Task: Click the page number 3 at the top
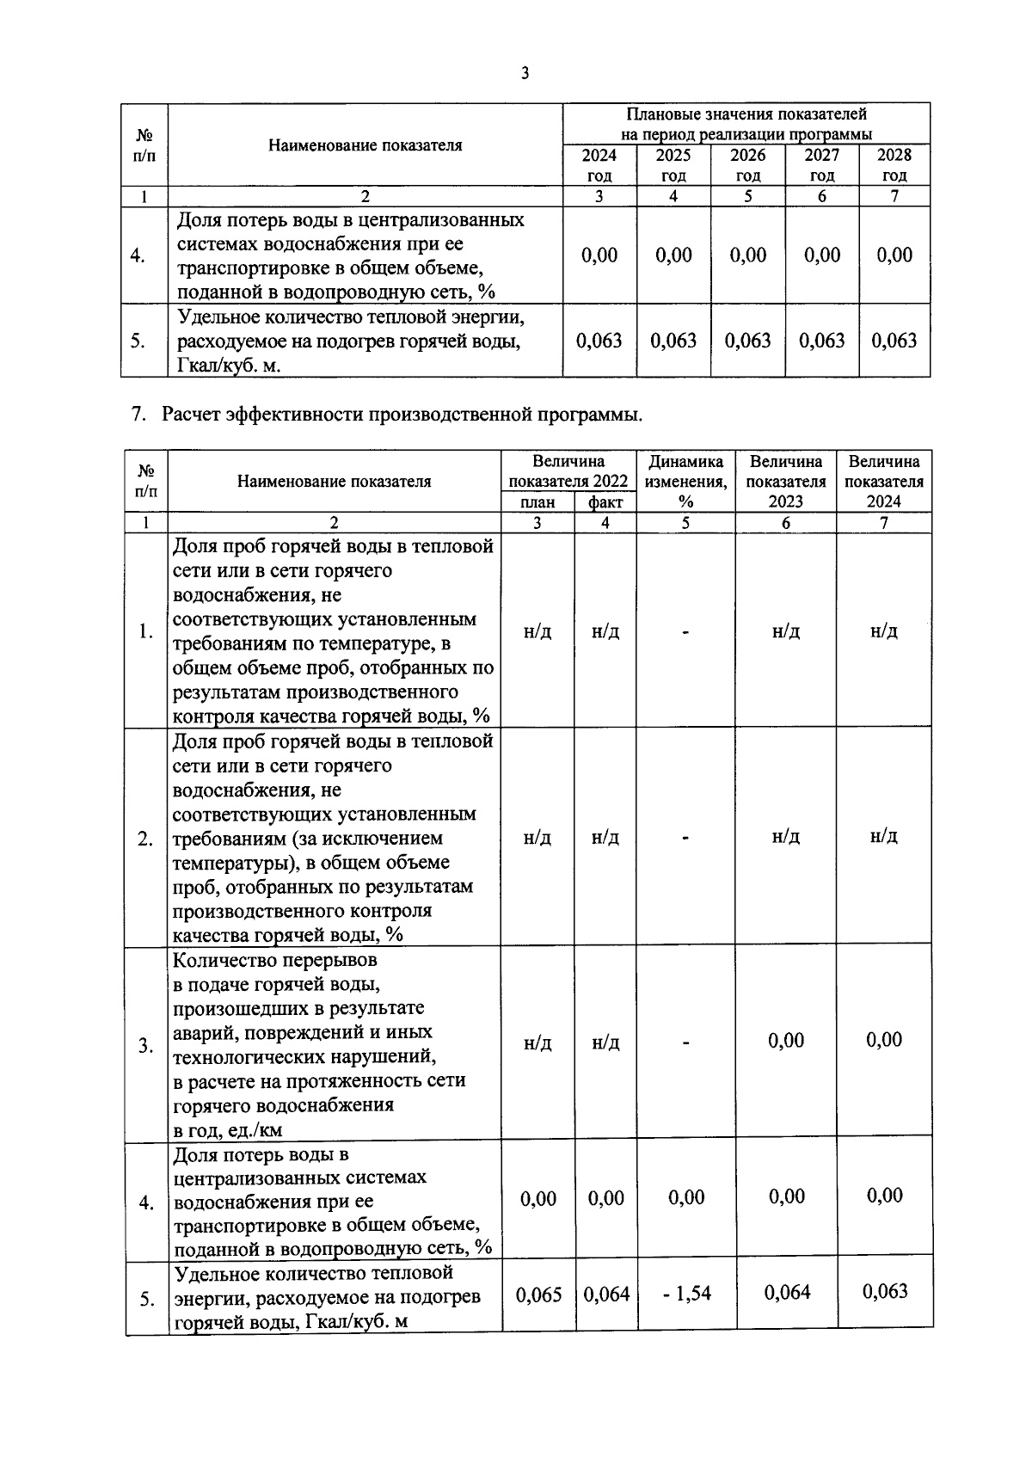[525, 74]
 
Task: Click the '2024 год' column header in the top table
[599, 164]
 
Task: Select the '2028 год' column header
[894, 164]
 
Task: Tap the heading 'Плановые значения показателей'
[746, 114]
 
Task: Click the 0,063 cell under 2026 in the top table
[747, 341]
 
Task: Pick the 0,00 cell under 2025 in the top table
[673, 255]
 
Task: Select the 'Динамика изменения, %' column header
[685, 482]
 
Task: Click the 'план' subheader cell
[537, 502]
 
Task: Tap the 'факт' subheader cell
[605, 502]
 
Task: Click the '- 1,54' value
[686, 1293]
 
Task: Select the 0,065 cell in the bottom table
[538, 1295]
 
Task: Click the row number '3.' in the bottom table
[146, 1046]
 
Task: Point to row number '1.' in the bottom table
[146, 631]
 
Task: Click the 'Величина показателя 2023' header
[785, 482]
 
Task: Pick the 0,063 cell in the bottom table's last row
[885, 1291]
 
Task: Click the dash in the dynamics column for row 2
[685, 837]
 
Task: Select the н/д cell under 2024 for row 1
[884, 631]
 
